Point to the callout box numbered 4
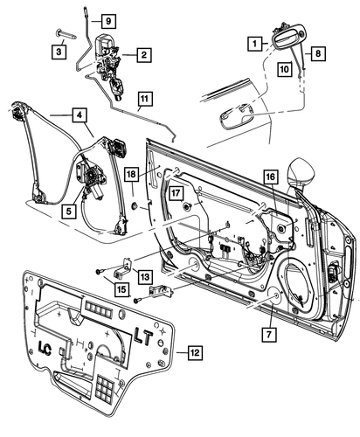pyautogui.click(x=80, y=114)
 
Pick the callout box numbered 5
pyautogui.click(x=68, y=210)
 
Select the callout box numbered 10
pyautogui.click(x=285, y=66)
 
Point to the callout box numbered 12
pyautogui.click(x=196, y=352)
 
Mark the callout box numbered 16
pyautogui.click(x=269, y=177)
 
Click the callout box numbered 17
pyautogui.click(x=176, y=194)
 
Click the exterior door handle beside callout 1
pyautogui.click(x=289, y=39)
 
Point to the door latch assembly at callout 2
pyautogui.click(x=111, y=57)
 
